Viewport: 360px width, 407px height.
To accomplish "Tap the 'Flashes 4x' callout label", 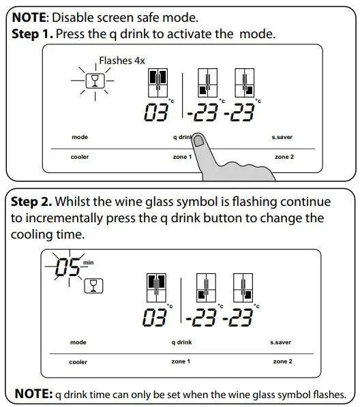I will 122,60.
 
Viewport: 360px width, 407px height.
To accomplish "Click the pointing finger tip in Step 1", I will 198,140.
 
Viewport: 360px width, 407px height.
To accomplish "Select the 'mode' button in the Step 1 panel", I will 80,137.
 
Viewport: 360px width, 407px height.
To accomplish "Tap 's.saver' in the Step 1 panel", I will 281,137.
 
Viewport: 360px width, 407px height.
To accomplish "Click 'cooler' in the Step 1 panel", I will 80,157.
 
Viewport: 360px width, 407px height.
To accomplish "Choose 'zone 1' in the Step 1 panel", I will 181,157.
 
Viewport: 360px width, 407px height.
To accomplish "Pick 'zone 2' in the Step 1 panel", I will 284,157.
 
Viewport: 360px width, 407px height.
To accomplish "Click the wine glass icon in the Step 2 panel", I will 93,285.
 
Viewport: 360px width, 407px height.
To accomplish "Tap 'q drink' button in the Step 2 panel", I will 181,342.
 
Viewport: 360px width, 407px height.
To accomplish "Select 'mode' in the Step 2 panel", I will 79,342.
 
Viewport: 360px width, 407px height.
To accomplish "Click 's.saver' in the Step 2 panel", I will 280,342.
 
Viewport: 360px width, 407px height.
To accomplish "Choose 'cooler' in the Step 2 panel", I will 78,361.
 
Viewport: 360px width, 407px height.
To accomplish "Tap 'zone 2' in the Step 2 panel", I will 282,361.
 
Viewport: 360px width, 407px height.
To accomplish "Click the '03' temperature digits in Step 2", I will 157,317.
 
